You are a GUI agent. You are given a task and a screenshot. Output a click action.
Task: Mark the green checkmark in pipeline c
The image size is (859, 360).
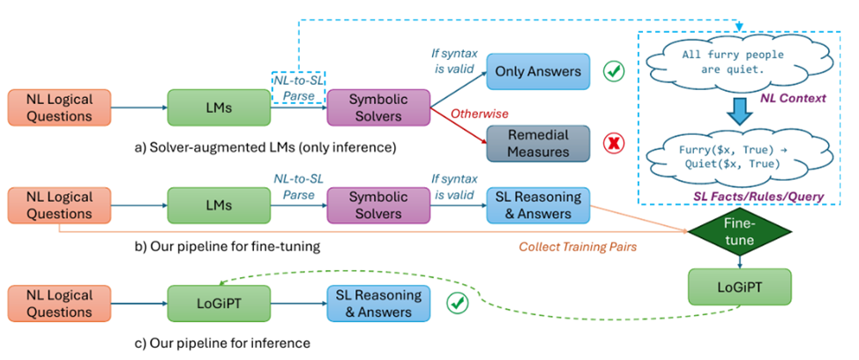coord(456,304)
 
